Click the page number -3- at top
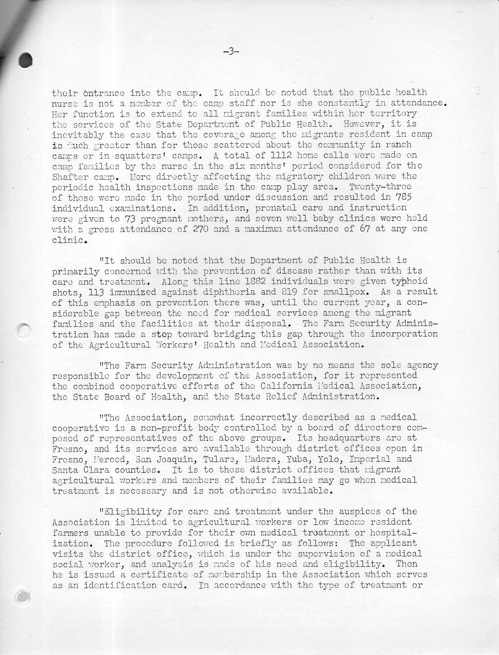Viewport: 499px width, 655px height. tap(231, 52)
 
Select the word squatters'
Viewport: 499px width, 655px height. tap(120, 155)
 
